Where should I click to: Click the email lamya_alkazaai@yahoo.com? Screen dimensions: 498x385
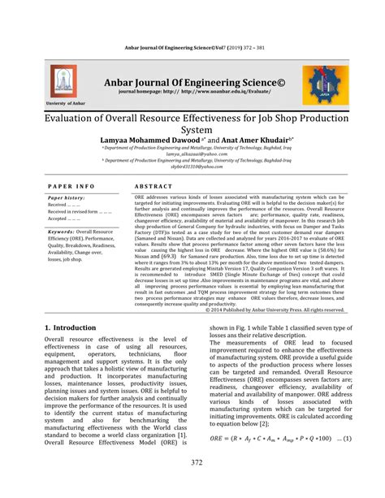pos(192,154)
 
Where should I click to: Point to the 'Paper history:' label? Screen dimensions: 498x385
pos(67,198)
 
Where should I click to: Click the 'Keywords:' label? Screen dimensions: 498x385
pos(63,231)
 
